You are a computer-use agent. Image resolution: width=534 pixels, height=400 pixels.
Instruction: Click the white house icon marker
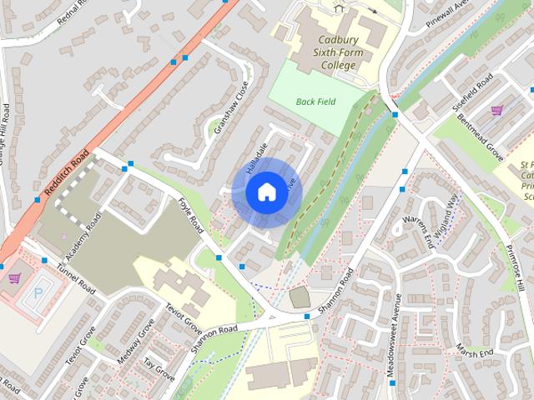point(265,192)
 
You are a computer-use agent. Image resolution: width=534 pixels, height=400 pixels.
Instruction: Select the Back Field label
point(314,102)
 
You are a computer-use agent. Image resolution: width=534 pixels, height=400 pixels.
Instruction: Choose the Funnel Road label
point(76,277)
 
